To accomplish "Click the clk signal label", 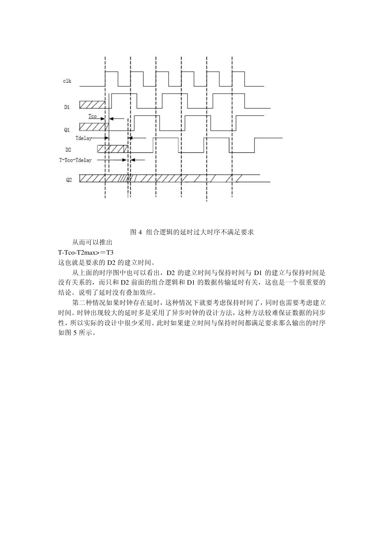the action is tap(67, 81).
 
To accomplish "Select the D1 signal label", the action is tap(67, 107).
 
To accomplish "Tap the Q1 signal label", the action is tap(67, 130).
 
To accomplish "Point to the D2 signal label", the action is tap(68, 150).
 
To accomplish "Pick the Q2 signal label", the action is tap(69, 180).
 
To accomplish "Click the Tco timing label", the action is tap(93, 117).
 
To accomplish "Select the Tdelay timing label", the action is tap(83, 138).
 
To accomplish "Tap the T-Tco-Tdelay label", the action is tap(75, 160).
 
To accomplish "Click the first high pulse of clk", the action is tap(112, 79).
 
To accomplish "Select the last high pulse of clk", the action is tap(239, 79).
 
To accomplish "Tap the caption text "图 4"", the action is tap(137, 232).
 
